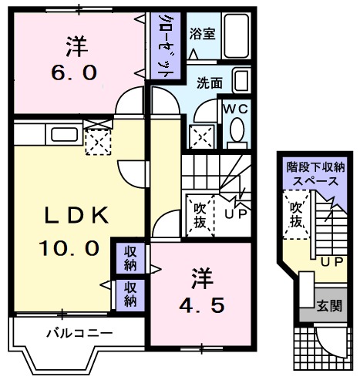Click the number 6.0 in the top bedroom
[x=75, y=73]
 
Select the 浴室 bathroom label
[x=202, y=34]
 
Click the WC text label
[x=235, y=109]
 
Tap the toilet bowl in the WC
[x=237, y=130]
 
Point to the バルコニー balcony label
[x=79, y=334]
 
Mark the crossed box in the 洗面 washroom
[x=201, y=138]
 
